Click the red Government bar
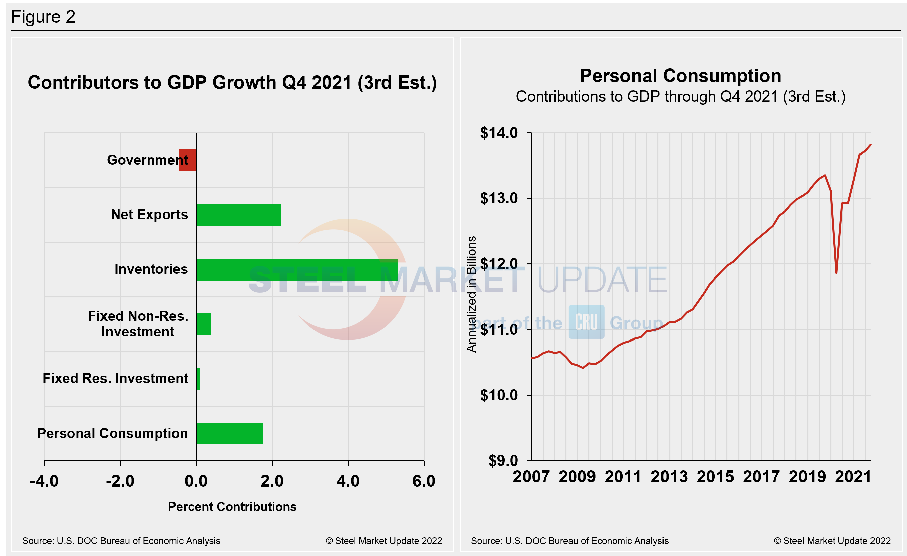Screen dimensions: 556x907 [x=187, y=160]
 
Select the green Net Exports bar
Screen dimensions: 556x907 [x=238, y=215]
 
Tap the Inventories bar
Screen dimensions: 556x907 [x=297, y=269]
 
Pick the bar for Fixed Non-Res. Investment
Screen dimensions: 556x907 [x=204, y=324]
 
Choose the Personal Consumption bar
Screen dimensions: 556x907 [x=229, y=433]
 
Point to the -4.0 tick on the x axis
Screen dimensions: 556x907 [x=44, y=481]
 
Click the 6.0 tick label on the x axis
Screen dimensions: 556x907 [x=424, y=481]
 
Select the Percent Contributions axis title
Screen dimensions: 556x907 [x=232, y=507]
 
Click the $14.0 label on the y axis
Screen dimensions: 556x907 [x=499, y=133]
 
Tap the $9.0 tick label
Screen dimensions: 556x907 [x=503, y=460]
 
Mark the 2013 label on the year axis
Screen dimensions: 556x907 [x=669, y=477]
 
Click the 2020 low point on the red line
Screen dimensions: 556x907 [x=836, y=273]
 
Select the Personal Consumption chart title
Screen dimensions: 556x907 [x=681, y=76]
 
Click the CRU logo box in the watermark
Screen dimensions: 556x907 [x=586, y=322]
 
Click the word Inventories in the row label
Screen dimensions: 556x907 [x=151, y=269]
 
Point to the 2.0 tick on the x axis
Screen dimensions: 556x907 [x=272, y=481]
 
